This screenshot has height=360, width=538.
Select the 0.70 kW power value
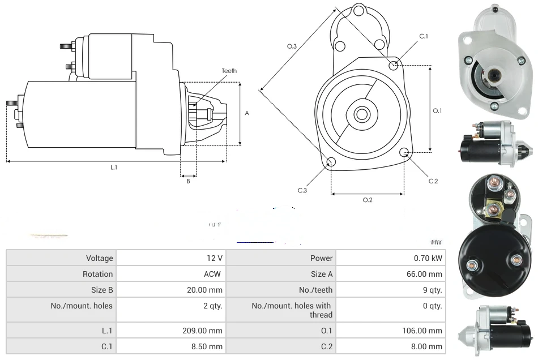point(428,258)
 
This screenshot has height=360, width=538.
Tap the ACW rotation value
point(213,274)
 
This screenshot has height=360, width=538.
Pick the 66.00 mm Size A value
point(424,274)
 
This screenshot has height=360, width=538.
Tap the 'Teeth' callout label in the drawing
point(229,71)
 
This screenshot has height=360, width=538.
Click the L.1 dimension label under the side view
point(114,168)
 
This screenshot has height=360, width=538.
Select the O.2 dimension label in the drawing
point(368,200)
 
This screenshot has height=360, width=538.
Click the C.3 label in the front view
point(302,191)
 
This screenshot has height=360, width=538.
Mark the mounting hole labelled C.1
point(394,66)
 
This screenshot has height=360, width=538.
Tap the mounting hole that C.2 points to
point(404,153)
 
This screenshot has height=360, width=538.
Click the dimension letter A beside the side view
point(247,113)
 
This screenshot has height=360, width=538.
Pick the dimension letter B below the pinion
point(188,181)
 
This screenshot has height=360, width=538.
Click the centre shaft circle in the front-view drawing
point(361,114)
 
